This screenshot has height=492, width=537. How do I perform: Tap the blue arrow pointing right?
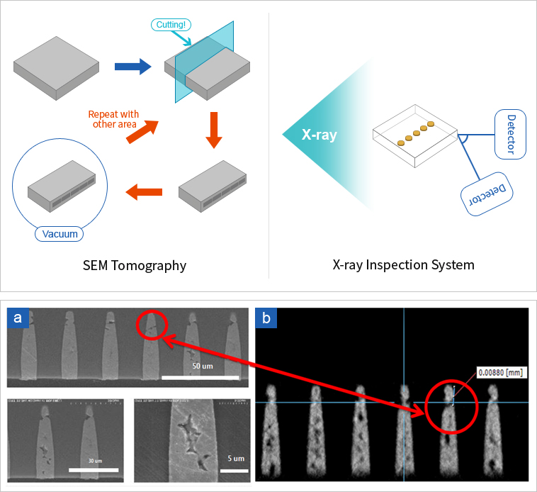[133, 67]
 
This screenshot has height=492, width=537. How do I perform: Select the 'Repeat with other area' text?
[113, 119]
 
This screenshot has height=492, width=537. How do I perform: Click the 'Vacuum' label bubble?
[60, 233]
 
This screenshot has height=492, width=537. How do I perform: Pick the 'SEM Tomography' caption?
[135, 266]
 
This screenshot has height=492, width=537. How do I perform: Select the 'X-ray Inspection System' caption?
[403, 265]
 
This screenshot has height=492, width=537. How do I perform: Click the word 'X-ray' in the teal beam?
[319, 134]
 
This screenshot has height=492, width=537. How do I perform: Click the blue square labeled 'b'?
[266, 318]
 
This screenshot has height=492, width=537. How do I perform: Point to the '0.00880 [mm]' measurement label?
[500, 371]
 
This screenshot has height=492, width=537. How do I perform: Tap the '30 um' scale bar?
[93, 469]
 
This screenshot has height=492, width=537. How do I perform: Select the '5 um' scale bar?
[237, 469]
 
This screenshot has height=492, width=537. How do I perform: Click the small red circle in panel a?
[149, 326]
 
